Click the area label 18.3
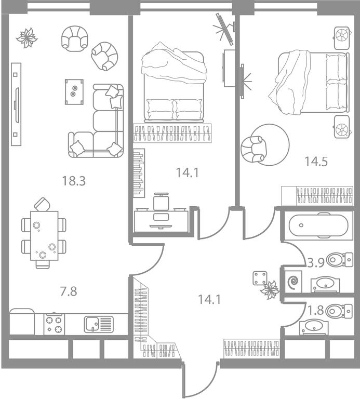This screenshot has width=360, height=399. tap(74, 181)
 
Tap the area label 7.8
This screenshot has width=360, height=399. tap(69, 291)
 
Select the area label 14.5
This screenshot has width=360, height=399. tap(316, 161)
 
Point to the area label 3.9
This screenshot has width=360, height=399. tap(316, 262)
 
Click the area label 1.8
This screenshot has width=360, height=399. tap(316, 310)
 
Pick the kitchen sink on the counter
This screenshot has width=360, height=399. tap(99, 324)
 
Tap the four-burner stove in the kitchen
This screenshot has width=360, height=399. tap(54, 324)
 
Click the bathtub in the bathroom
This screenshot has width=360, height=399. tap(318, 225)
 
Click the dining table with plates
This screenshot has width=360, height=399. tap(44, 236)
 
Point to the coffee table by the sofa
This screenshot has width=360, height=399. tap(74, 91)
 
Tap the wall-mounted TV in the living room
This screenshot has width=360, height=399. tap(16, 104)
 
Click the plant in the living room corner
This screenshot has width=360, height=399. tap(26, 37)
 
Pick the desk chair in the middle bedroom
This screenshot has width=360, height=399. tap(161, 201)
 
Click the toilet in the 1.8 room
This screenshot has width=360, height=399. tap(340, 311)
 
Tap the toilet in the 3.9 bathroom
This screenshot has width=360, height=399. tap(340, 260)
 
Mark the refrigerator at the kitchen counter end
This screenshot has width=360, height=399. tap(22, 322)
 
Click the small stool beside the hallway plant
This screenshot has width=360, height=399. tap(260, 278)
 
